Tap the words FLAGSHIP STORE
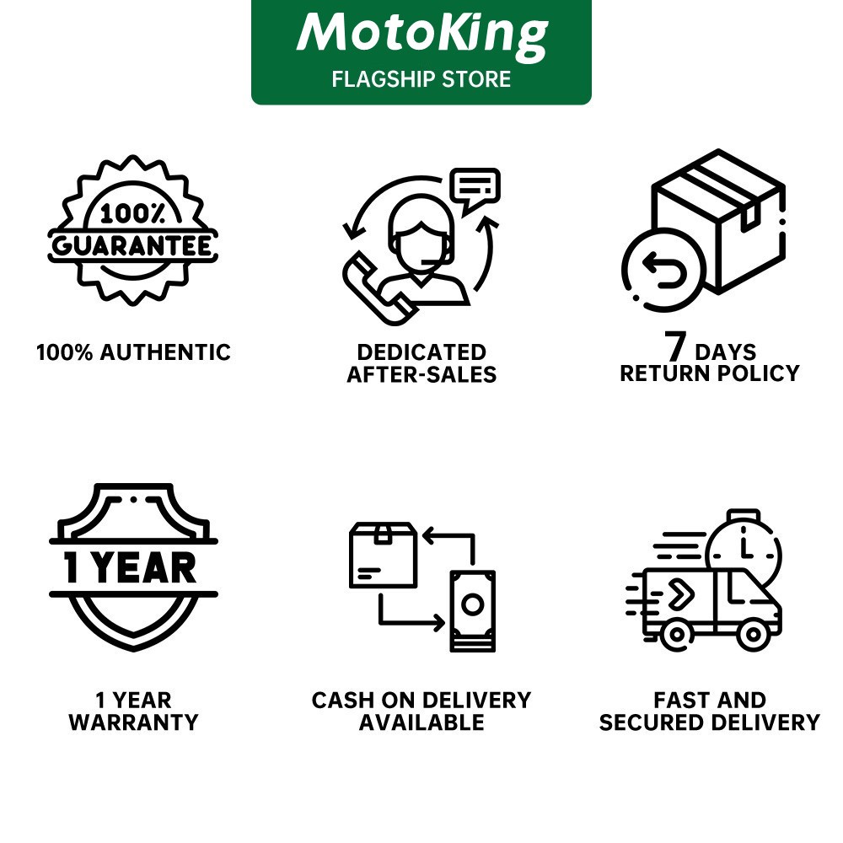tap(421, 79)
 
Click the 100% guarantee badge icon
tap(133, 229)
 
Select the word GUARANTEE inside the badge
tap(133, 245)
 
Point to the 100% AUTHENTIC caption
tap(133, 352)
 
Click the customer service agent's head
tap(419, 232)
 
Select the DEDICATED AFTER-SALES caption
tap(421, 363)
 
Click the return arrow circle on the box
tap(663, 270)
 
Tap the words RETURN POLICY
tap(710, 373)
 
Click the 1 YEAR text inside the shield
tap(132, 566)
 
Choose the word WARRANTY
tap(133, 722)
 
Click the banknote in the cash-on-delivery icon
tap(472, 609)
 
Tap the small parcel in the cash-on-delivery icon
tap(383, 554)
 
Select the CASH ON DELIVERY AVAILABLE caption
tap(421, 711)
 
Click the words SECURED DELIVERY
tap(710, 722)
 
